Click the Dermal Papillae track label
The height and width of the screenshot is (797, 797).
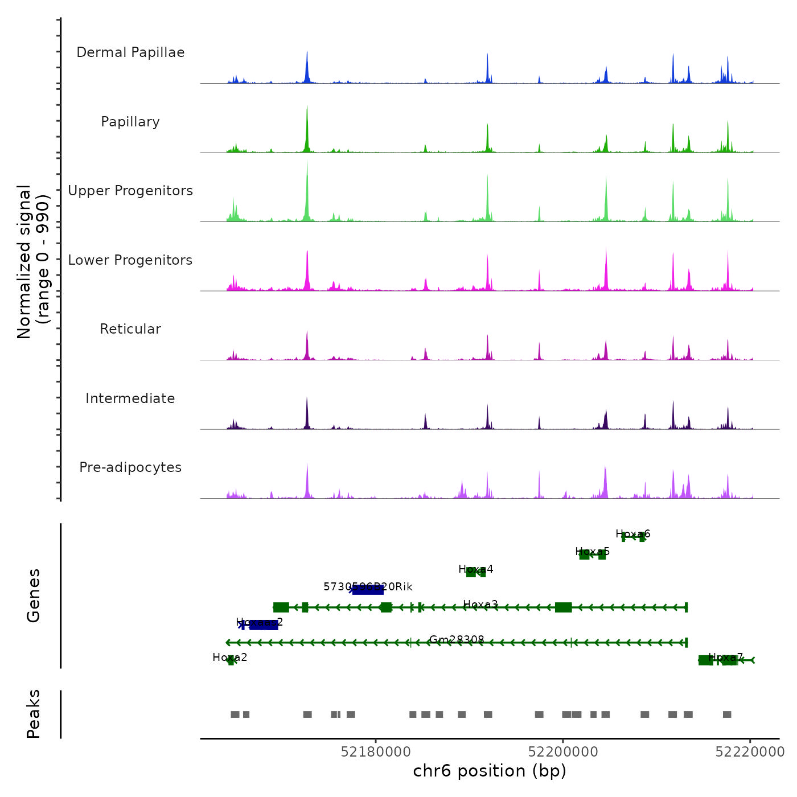click(130, 52)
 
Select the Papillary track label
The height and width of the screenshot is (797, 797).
click(130, 122)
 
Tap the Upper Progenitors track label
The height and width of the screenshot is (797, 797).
click(130, 191)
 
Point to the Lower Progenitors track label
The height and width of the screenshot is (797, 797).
click(130, 260)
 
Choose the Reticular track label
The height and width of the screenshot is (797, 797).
click(130, 329)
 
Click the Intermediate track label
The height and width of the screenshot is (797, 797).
click(130, 398)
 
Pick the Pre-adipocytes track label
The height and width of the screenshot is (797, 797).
click(130, 467)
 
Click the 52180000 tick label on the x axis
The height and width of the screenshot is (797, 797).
click(376, 751)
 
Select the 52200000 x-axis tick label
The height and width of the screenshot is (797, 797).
click(563, 751)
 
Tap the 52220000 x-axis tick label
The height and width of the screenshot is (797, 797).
click(750, 751)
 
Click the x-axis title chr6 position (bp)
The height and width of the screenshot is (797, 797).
click(490, 771)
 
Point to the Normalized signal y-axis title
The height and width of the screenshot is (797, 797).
click(33, 262)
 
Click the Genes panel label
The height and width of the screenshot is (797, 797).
click(34, 595)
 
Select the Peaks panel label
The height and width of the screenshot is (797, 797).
click(34, 714)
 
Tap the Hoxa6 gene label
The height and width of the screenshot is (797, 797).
click(632, 534)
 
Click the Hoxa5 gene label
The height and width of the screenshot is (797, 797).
click(592, 552)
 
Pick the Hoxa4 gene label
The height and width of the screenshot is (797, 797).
click(476, 569)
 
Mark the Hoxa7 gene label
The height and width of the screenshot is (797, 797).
click(726, 658)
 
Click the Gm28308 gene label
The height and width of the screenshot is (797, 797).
click(457, 640)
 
